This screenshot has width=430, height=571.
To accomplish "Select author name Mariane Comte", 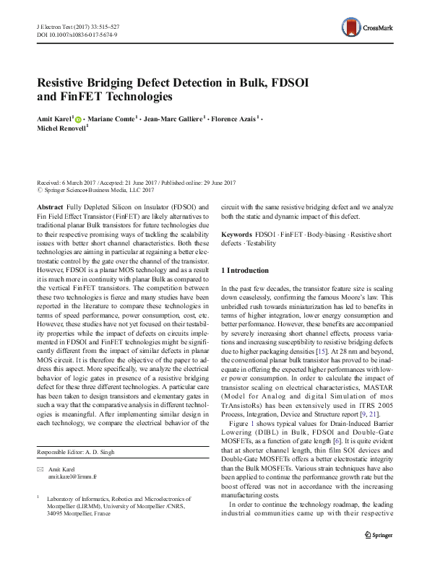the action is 113,117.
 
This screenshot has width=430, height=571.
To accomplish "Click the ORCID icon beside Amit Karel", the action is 78,117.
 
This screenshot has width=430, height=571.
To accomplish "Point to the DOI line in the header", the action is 78,33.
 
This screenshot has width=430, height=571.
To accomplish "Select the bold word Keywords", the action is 236,235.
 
